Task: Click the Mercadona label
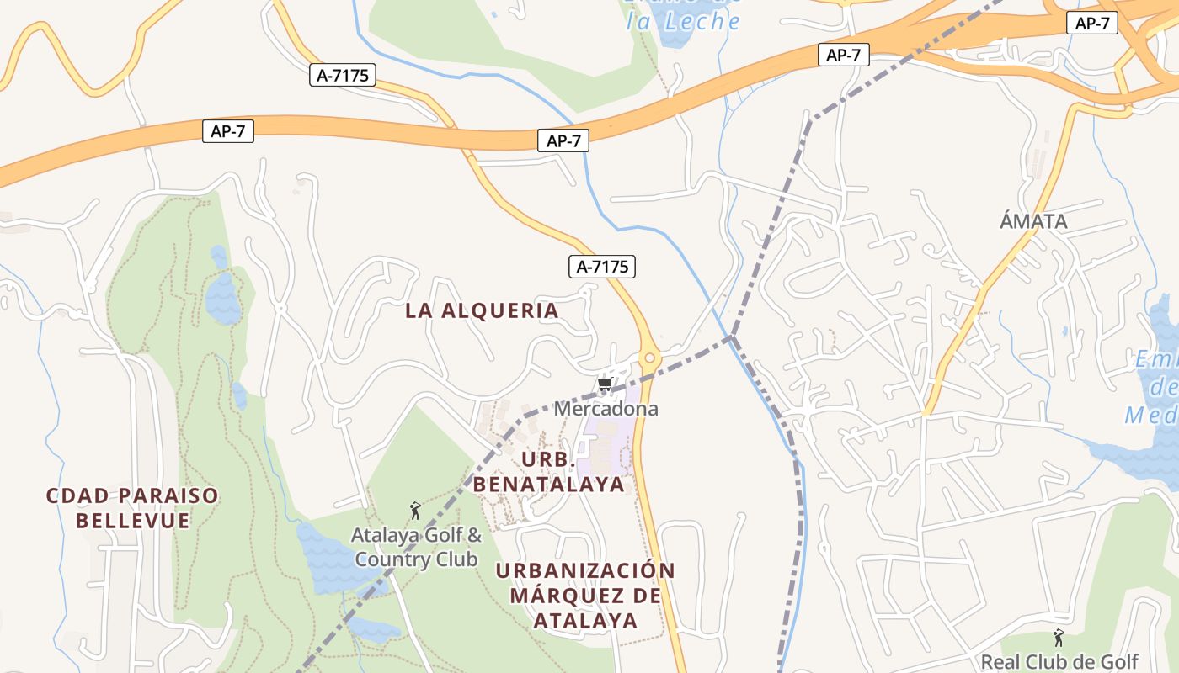click(x=606, y=409)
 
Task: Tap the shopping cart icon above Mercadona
click(x=605, y=385)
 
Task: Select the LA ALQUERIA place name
click(x=482, y=310)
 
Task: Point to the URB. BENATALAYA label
click(x=549, y=472)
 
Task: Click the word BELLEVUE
click(x=132, y=520)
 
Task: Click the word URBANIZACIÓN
click(x=585, y=570)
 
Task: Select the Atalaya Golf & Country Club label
click(x=416, y=547)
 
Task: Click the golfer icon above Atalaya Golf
click(x=414, y=511)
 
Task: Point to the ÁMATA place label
click(x=1033, y=221)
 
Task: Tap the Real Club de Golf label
click(x=1059, y=661)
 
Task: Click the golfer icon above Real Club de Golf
click(x=1059, y=638)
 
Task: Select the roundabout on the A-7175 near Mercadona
click(x=649, y=358)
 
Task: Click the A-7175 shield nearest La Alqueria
click(x=601, y=267)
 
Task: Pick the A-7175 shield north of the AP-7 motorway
click(x=342, y=75)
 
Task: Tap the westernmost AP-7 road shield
click(x=227, y=131)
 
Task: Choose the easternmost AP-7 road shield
click(x=1092, y=24)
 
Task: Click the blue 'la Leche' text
click(x=683, y=22)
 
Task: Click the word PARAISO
click(x=176, y=495)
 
